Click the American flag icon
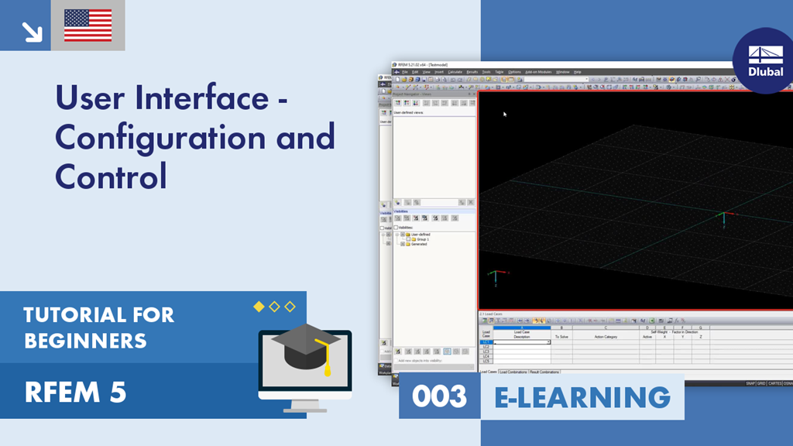(88, 26)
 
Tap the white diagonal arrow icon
(31, 30)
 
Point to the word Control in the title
(111, 177)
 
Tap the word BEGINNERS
(85, 340)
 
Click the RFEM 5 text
(75, 393)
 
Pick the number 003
(439, 397)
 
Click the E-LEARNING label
(582, 397)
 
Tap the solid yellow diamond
(259, 307)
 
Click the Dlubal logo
(765, 60)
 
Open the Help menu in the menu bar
(577, 72)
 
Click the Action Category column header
(605, 337)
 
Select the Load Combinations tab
(513, 372)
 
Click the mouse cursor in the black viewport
(505, 115)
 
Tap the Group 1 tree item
(423, 239)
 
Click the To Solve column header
(561, 337)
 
